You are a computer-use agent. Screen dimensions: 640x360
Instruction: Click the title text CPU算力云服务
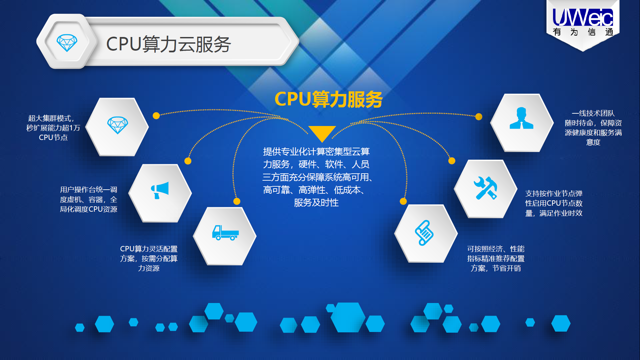[x=168, y=44]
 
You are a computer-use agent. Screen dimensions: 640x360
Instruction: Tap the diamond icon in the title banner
[x=67, y=43]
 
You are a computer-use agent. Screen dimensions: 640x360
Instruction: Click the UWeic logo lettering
[x=583, y=17]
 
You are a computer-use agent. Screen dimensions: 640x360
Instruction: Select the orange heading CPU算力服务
[x=328, y=99]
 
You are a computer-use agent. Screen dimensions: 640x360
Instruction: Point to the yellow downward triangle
[x=322, y=133]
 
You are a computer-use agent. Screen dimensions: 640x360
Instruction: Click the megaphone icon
[x=160, y=190]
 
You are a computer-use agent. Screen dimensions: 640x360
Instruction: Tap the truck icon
[x=225, y=233]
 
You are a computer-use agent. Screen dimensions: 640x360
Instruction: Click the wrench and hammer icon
[x=485, y=188]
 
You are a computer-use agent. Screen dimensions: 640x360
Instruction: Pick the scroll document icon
[x=424, y=233]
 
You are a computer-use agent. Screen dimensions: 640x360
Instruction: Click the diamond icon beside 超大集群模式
[x=117, y=125]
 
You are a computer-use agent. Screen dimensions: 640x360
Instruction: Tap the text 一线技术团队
[x=593, y=113]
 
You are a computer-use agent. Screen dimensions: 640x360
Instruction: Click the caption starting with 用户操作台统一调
[x=88, y=199]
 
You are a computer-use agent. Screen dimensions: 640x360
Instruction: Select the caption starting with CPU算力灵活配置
[x=149, y=258]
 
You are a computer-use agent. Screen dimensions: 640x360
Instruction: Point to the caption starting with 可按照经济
[x=496, y=258]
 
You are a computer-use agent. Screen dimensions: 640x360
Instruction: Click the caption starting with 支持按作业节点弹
[x=554, y=203]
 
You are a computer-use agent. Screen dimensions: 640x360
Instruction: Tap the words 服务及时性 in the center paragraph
[x=316, y=203]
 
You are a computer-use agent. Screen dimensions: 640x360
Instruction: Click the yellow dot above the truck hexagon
[x=237, y=201]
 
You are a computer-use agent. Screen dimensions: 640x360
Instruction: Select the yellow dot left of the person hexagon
[x=479, y=117]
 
